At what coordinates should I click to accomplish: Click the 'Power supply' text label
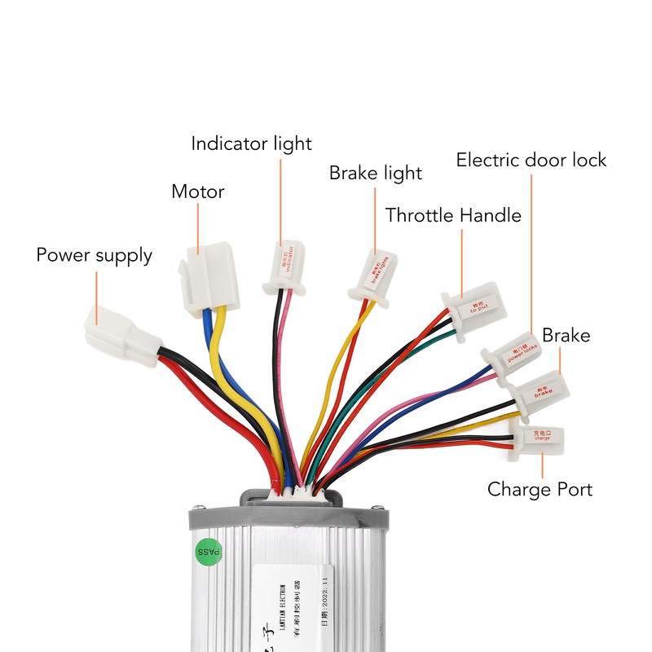[94, 255]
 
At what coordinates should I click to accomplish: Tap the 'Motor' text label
[197, 192]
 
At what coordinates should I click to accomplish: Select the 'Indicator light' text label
[251, 144]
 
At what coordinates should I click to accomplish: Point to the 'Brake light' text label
[375, 174]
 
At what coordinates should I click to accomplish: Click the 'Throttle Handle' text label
[452, 216]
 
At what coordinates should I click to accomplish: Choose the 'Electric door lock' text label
[531, 160]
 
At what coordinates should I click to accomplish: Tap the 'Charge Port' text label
[540, 490]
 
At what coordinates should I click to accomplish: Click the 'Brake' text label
[566, 336]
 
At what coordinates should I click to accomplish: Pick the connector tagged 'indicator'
[282, 269]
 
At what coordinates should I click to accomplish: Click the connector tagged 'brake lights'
[377, 276]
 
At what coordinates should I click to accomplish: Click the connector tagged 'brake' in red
[540, 390]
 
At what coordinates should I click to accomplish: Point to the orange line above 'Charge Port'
[542, 466]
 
